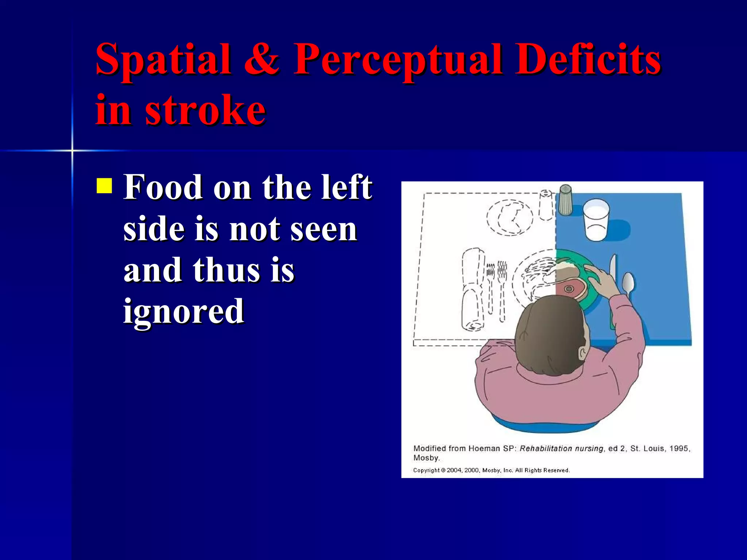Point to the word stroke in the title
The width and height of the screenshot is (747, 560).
[205, 109]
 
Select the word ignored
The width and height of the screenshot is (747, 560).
[183, 312]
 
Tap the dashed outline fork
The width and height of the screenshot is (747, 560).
[502, 288]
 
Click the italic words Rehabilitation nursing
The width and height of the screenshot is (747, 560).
[561, 448]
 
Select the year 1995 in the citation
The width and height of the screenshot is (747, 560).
[679, 448]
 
